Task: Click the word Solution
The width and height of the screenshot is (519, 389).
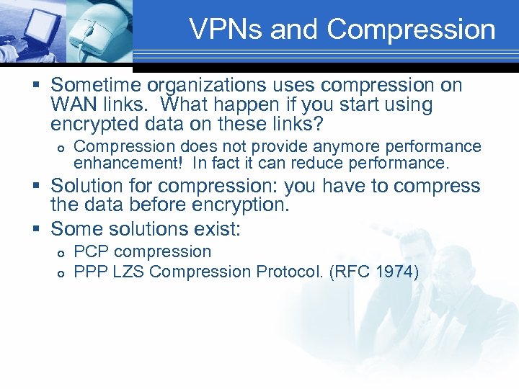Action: click(x=94, y=186)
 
